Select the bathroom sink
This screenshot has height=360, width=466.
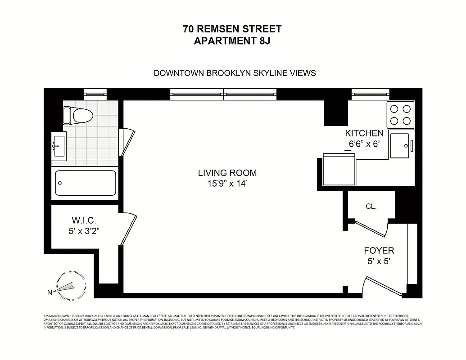point(59,146)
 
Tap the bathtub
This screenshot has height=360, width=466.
point(86,183)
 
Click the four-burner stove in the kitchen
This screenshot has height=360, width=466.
point(400,115)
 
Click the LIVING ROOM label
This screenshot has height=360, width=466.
point(227,173)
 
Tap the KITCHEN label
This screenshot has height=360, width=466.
point(364,133)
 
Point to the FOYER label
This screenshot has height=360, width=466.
point(379,251)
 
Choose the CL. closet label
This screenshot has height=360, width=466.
point(371,206)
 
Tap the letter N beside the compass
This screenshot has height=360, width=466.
point(50,293)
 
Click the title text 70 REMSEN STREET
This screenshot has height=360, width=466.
point(232,29)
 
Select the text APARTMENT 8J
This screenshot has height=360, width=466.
point(232,41)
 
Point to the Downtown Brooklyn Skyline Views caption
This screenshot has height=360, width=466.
point(235,73)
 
